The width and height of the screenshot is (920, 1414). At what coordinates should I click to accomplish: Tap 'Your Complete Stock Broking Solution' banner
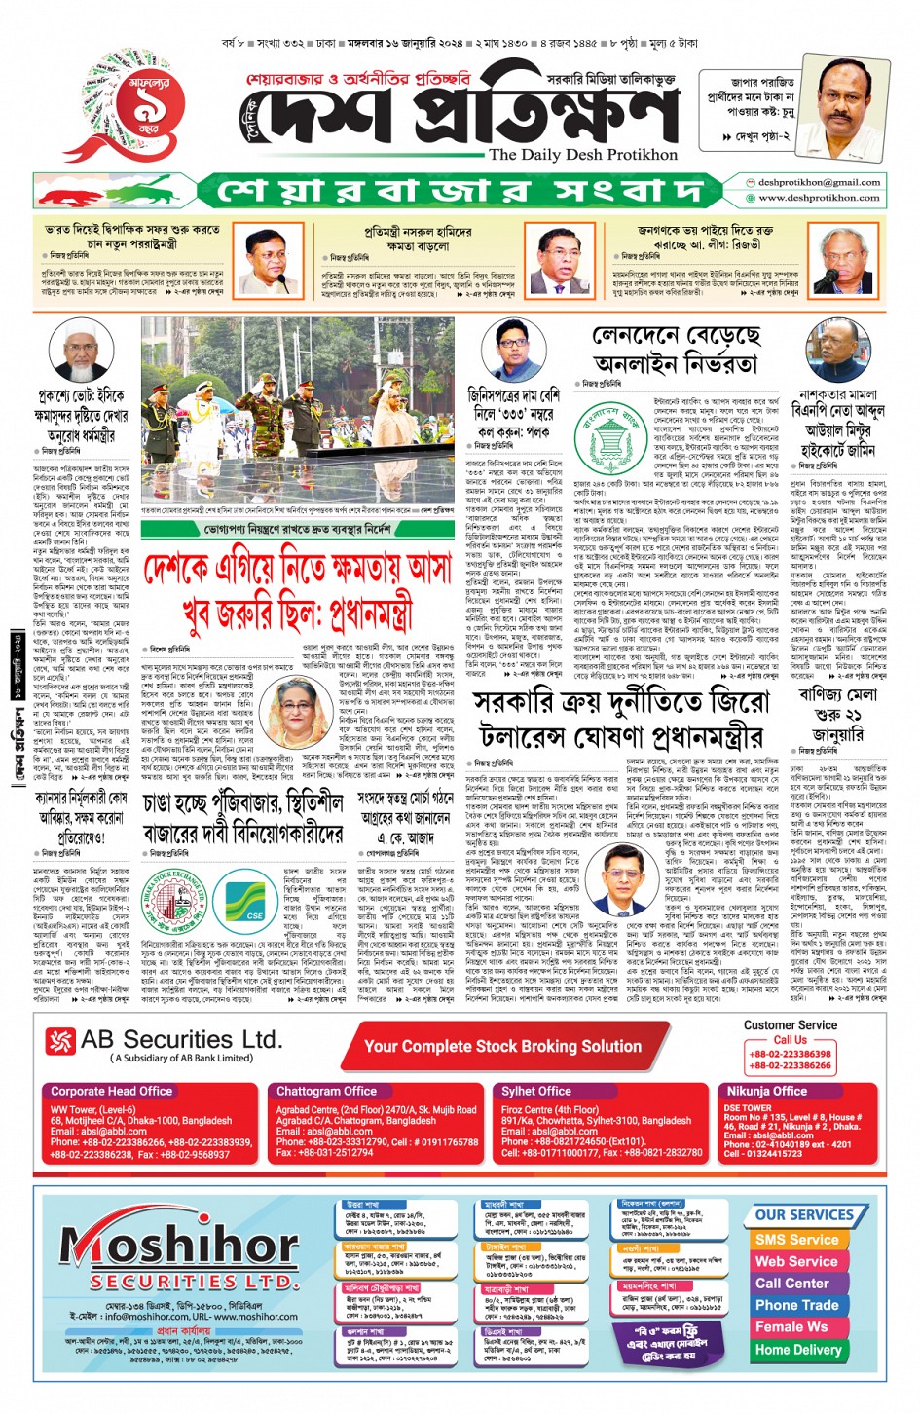(502, 1047)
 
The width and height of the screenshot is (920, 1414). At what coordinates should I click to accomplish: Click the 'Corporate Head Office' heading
(111, 1092)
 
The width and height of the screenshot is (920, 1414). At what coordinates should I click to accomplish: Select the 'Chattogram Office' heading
(326, 1092)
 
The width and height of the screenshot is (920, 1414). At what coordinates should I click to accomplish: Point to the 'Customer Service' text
(790, 1025)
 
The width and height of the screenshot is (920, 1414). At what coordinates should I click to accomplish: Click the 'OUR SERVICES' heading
(804, 1215)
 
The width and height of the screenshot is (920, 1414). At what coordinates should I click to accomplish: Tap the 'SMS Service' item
(796, 1240)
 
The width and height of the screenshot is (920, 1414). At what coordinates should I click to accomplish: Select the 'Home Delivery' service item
(797, 1350)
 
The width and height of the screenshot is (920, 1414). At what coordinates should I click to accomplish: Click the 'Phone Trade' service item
(796, 1305)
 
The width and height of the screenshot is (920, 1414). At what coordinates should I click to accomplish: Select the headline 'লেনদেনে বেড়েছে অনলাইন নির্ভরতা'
(677, 351)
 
